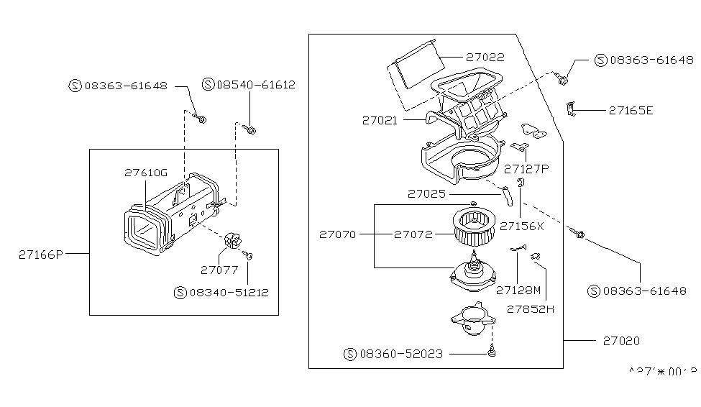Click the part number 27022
(x=485, y=57)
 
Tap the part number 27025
(x=427, y=193)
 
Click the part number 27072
(x=413, y=234)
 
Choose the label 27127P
(x=526, y=169)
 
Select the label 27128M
(x=518, y=290)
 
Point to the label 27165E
(x=631, y=111)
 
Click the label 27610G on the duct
(x=145, y=173)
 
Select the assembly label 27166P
(x=41, y=253)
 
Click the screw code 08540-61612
(x=255, y=85)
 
